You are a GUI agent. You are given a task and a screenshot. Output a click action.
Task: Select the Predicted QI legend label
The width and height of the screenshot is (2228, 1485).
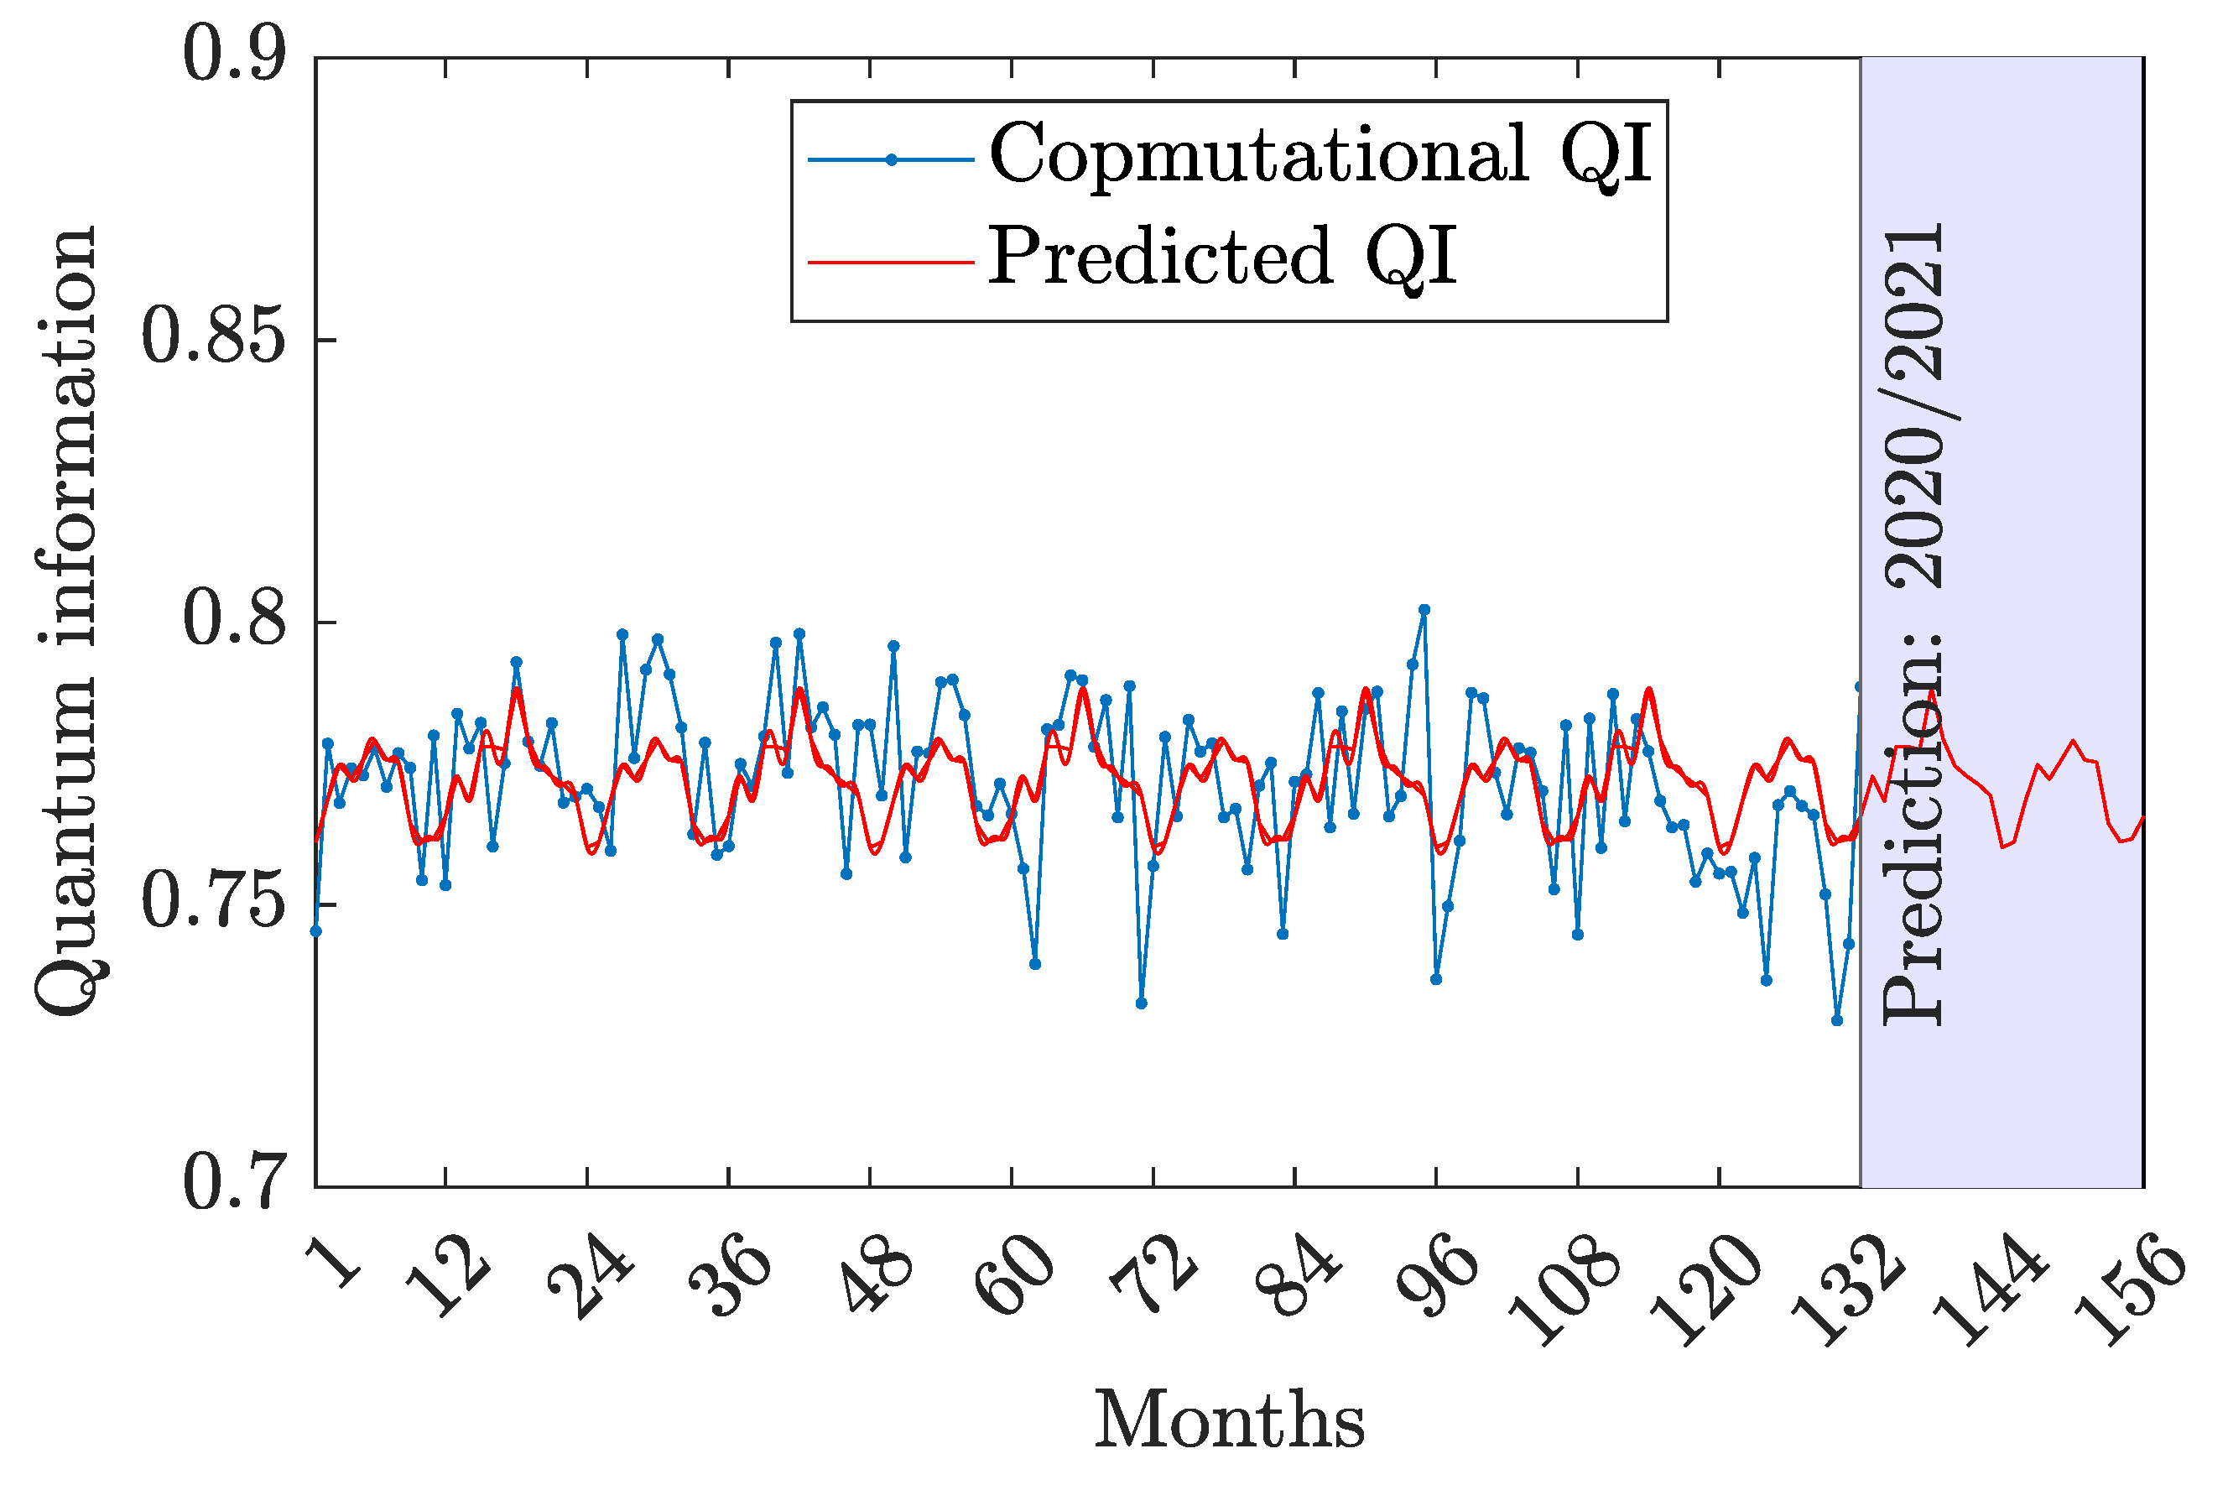point(1221,257)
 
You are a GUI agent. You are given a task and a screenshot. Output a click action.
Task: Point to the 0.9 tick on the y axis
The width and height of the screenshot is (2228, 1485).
point(234,55)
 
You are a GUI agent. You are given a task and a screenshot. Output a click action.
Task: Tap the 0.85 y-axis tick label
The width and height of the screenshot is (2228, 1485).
point(213,337)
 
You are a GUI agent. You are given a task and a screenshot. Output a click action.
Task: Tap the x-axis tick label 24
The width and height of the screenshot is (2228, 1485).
point(591,1279)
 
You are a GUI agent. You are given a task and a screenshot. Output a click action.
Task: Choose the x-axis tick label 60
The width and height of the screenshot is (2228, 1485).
point(1014,1279)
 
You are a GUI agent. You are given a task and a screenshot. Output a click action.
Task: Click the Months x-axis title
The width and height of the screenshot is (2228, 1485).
point(1229,1420)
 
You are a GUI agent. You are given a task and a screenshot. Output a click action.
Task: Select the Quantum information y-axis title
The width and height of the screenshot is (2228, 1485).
point(66,620)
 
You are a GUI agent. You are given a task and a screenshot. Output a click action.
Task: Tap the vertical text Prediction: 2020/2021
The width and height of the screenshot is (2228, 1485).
point(1913,625)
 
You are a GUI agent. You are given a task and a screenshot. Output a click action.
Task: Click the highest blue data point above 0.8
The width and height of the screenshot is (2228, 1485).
point(1424,610)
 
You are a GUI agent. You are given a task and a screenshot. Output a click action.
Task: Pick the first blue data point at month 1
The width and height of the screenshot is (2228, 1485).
point(316,931)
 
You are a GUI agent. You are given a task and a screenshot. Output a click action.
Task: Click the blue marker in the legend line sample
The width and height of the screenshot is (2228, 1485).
point(890,160)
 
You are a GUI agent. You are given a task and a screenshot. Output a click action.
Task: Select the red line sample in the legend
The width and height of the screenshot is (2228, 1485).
point(890,260)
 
